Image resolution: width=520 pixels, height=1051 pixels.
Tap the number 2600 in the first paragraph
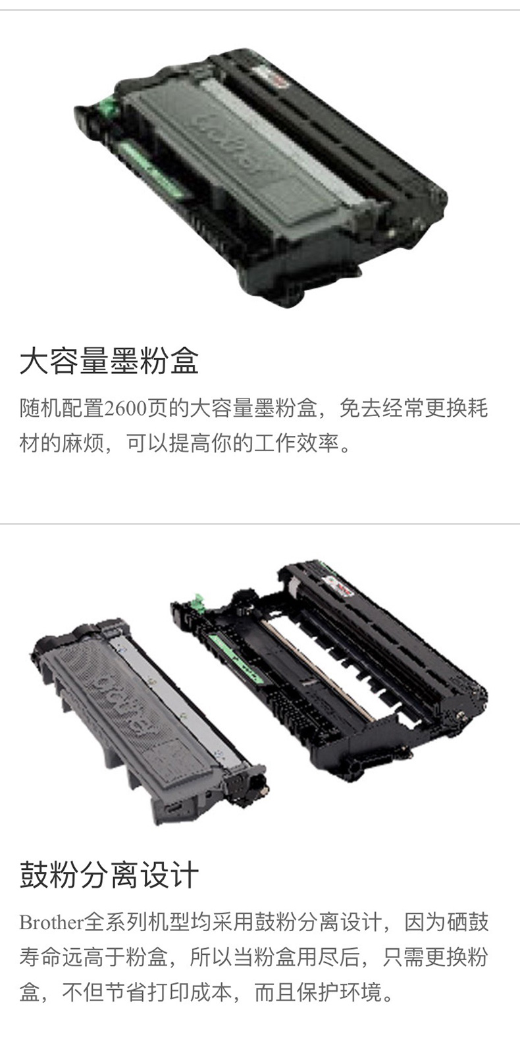pos(126,409)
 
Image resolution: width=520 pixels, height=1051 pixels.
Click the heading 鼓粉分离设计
pos(109,874)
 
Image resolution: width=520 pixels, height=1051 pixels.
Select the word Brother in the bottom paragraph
pos(51,923)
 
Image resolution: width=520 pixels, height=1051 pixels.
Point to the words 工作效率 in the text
pos(296,443)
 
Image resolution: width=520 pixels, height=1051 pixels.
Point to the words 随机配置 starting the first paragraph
pos(62,409)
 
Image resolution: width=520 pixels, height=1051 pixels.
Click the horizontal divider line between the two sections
pos(260,523)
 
